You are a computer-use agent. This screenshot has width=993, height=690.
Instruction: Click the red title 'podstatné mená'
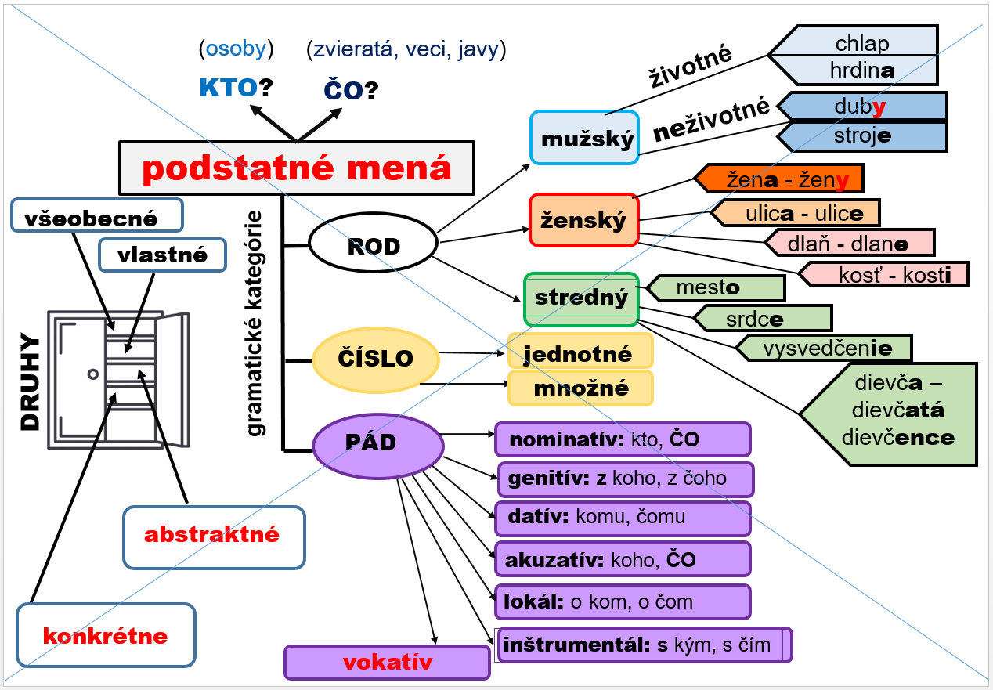coord(297,168)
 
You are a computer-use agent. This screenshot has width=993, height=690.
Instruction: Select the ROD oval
coord(373,246)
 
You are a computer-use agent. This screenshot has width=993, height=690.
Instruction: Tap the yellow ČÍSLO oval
coord(375,359)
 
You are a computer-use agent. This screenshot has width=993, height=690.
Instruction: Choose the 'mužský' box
coord(584,138)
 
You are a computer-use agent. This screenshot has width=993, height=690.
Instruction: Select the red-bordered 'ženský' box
coord(584,220)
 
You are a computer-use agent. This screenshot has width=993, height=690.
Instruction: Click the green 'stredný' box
coord(580,298)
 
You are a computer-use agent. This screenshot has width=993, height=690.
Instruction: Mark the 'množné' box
coord(580,388)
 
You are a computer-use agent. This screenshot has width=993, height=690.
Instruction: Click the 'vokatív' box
coord(387,663)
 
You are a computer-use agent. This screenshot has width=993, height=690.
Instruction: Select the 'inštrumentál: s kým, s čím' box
coord(644,645)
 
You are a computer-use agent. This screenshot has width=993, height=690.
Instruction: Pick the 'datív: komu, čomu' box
coord(623,517)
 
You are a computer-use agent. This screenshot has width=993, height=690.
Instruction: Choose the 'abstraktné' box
coord(214,536)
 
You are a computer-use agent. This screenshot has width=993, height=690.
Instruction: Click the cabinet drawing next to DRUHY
coord(117,379)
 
